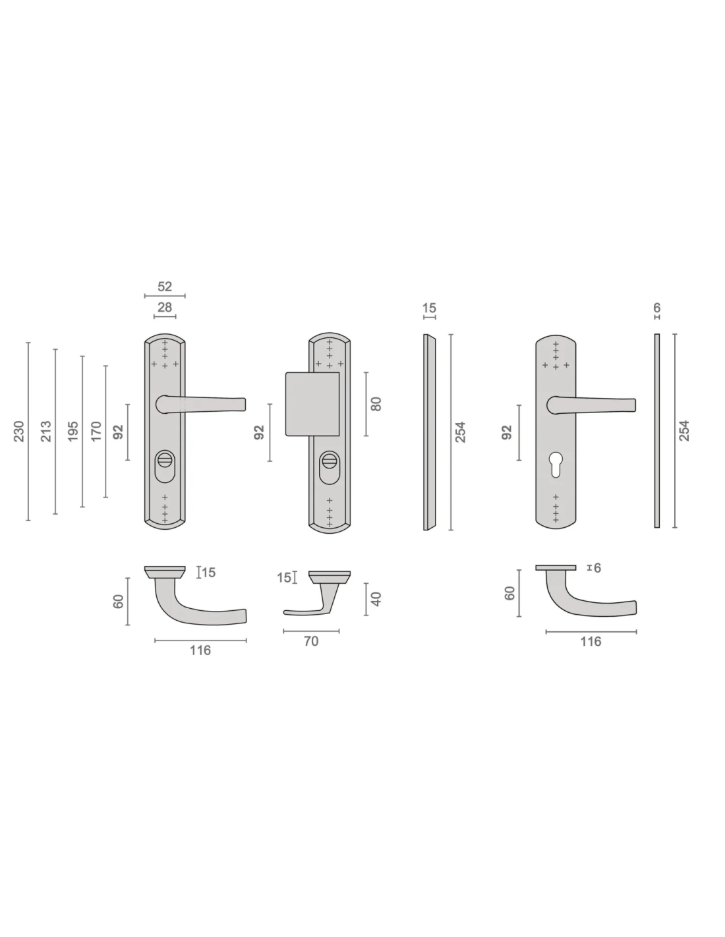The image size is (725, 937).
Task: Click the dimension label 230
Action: click(x=19, y=431)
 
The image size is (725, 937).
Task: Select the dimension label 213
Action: click(x=45, y=431)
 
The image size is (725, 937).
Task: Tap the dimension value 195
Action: click(x=73, y=431)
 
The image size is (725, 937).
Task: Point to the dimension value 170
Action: click(x=96, y=431)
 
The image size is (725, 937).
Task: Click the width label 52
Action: click(x=164, y=287)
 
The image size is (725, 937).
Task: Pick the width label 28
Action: click(x=164, y=307)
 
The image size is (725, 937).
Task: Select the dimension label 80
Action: click(x=376, y=404)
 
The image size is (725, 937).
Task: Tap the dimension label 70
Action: click(x=310, y=641)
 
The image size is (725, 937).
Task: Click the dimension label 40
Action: click(x=376, y=599)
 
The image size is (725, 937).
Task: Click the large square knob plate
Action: click(x=312, y=404)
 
